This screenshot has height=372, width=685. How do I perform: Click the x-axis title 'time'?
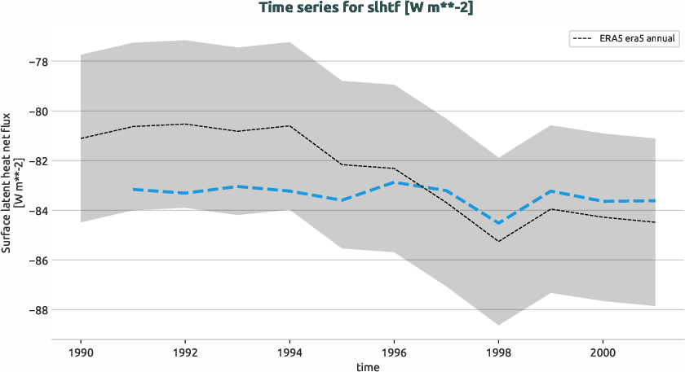click(x=367, y=366)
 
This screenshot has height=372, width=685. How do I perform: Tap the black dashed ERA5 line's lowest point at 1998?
click(x=498, y=241)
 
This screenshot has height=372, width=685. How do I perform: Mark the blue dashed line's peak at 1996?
click(x=395, y=182)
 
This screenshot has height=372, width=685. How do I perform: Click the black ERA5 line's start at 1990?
click(x=81, y=138)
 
